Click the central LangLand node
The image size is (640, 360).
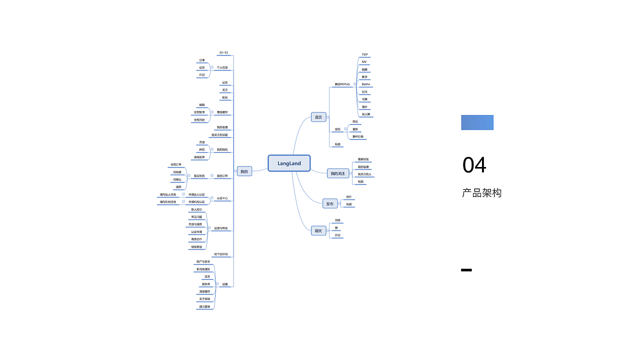(289, 163)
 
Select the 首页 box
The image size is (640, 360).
(318, 117)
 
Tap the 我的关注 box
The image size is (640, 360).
(337, 173)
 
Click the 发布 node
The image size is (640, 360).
(329, 203)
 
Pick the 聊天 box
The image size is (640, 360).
(318, 230)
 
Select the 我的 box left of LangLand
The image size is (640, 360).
(244, 171)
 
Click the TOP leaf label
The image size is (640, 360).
(364, 54)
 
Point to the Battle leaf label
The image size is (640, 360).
(365, 84)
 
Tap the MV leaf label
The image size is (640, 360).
(364, 62)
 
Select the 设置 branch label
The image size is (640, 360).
(225, 284)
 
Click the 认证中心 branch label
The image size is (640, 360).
(222, 198)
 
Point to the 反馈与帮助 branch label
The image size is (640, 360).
(221, 228)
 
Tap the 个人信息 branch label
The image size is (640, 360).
(222, 67)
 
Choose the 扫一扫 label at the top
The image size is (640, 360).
(224, 52)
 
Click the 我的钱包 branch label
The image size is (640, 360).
(222, 149)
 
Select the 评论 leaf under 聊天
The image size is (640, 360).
(337, 235)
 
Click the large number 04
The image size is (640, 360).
(474, 165)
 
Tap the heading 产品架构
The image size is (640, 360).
(481, 193)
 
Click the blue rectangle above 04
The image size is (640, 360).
(477, 122)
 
